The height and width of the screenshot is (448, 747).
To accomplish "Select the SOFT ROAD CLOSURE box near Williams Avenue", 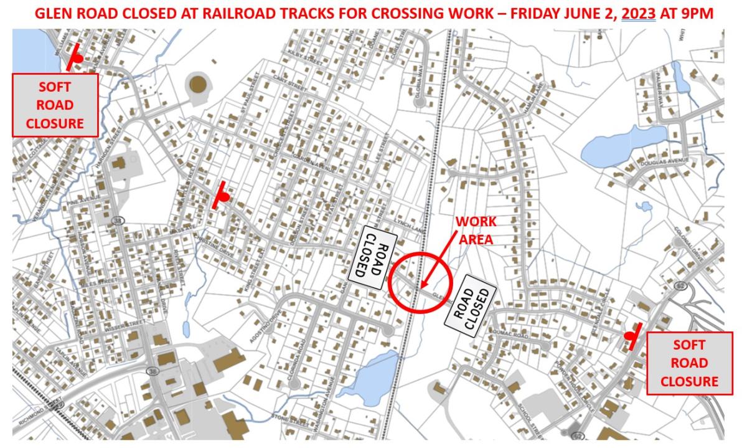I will [x=55, y=105].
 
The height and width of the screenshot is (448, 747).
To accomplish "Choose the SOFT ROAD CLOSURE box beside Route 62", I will [x=689, y=363].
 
